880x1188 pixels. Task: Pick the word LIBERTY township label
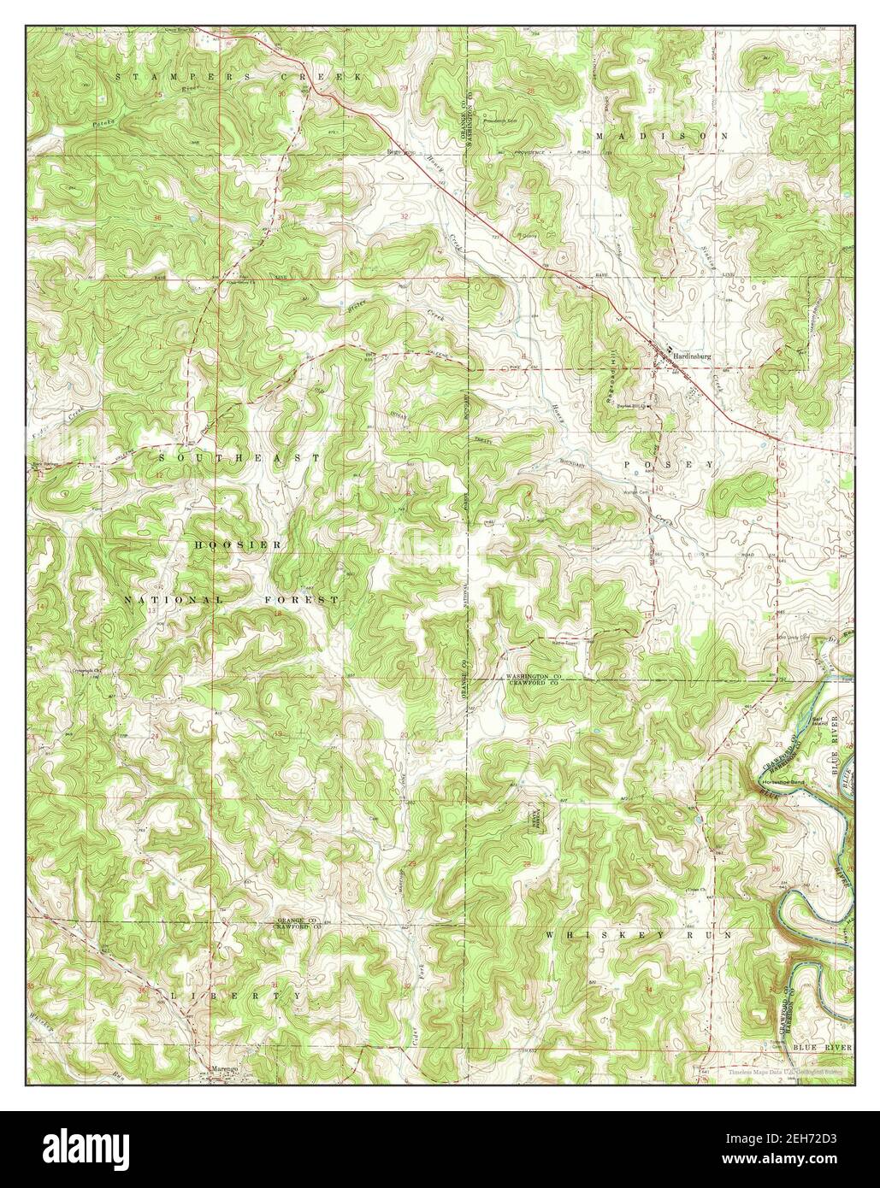pyautogui.click(x=227, y=996)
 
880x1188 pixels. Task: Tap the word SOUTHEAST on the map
pyautogui.click(x=239, y=458)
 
